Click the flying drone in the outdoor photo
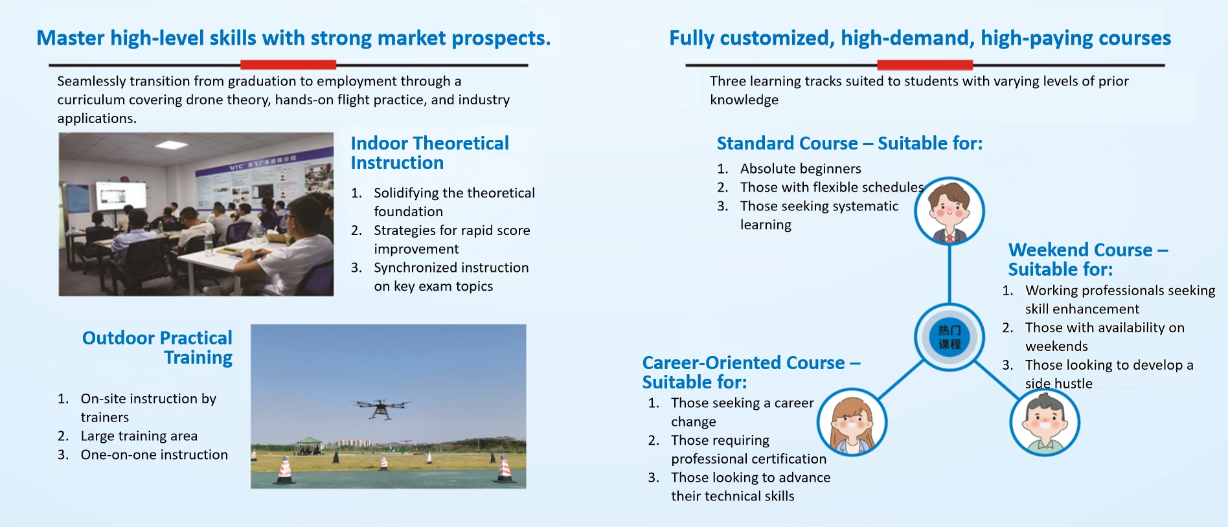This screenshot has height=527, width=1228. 380,408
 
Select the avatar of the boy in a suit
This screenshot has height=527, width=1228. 949,211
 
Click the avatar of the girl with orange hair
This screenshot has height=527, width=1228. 852,423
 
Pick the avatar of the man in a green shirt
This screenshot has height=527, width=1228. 1044,423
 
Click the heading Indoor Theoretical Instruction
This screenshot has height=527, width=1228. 429,153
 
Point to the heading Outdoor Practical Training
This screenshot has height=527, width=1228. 157,348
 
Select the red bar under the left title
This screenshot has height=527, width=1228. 288,65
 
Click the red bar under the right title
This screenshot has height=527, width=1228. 925,65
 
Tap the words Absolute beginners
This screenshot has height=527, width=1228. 801,169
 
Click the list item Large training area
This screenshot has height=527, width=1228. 139,436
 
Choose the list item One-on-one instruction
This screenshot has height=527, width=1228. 154,454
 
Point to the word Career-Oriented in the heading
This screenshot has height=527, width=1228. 744,363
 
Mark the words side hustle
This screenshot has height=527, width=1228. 1059,384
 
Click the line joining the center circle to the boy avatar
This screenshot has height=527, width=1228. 949,275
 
